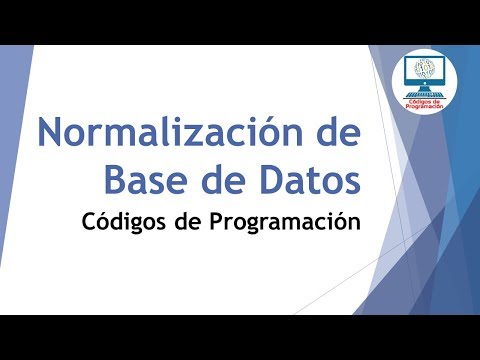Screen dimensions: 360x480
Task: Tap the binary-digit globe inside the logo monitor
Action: (x=429, y=71)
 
